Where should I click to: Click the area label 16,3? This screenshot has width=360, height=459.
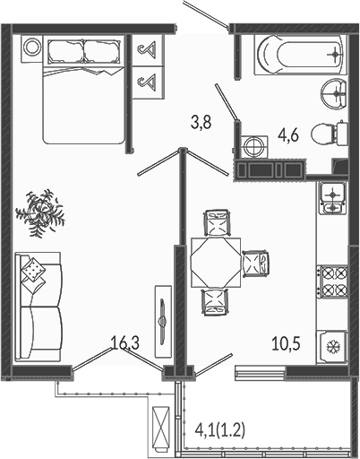(124, 342)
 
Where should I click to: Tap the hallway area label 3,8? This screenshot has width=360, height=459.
(201, 122)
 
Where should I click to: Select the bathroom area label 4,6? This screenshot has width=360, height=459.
(288, 135)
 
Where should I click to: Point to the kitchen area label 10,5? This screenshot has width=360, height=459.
(286, 343)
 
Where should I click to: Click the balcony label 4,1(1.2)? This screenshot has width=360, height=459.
(220, 430)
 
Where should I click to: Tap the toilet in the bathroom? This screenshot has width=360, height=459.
(330, 134)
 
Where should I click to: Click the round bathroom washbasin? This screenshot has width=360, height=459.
(334, 93)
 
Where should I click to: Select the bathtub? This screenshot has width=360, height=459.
(301, 55)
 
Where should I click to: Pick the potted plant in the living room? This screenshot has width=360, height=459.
(40, 212)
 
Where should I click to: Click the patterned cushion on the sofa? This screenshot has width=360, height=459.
(34, 268)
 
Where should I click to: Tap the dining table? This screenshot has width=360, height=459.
(216, 263)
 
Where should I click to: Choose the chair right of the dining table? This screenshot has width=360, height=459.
(255, 263)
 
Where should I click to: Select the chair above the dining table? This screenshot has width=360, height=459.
(218, 223)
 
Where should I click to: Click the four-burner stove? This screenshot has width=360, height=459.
(332, 281)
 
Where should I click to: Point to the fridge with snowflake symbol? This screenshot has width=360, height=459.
(331, 347)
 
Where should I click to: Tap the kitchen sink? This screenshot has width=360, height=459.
(332, 197)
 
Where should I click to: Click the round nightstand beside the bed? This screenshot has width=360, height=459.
(31, 48)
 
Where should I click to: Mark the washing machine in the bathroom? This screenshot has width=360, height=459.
(254, 147)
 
